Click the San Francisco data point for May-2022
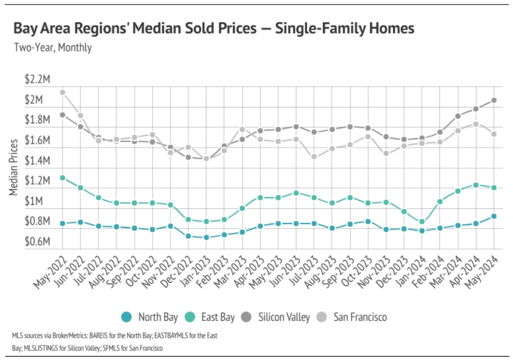tap(62, 92)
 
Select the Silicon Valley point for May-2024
tap(494, 100)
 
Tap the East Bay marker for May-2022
tap(62, 178)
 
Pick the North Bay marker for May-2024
tap(494, 216)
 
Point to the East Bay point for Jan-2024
tap(422, 222)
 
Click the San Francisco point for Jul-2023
tap(314, 157)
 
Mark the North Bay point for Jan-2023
tap(206, 237)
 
